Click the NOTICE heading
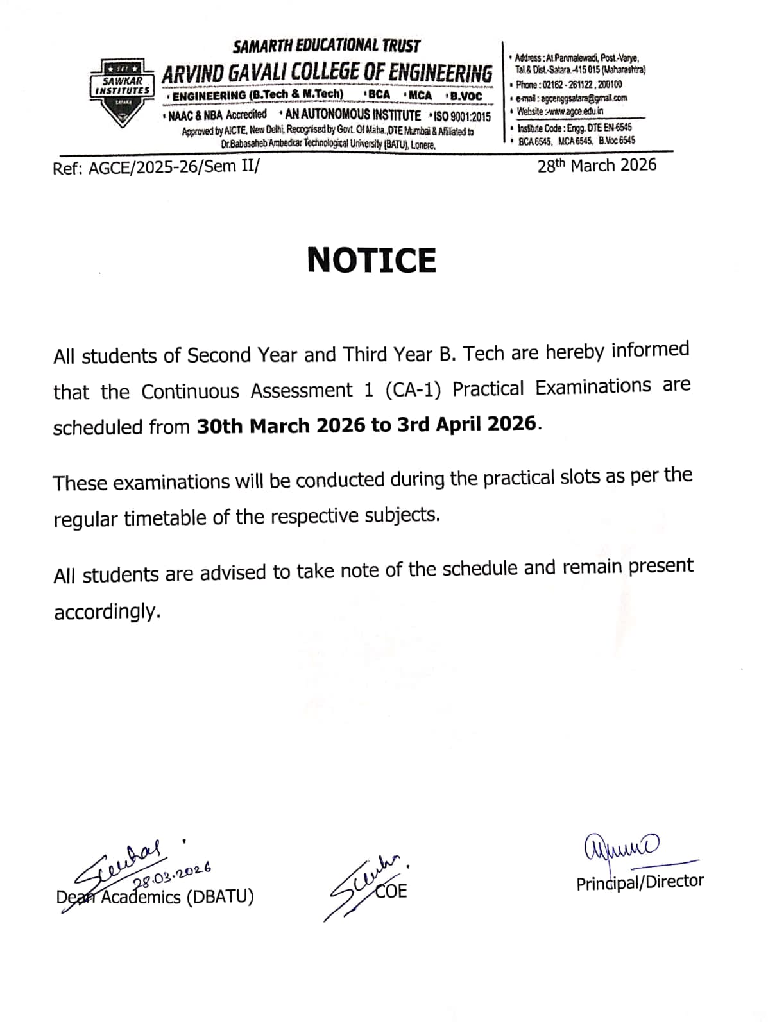371,260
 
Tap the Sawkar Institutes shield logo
122,92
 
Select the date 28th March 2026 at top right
597,166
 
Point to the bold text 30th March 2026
281,425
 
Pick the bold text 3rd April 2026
466,423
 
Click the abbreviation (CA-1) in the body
414,389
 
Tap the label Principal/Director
640,882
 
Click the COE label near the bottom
391,891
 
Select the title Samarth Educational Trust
327,46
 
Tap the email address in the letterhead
572,98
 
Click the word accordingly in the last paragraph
107,612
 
